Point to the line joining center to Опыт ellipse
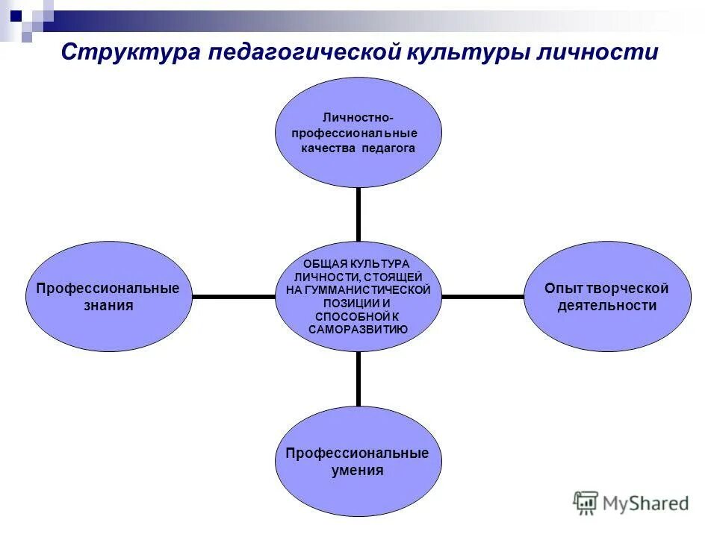tap(482, 297)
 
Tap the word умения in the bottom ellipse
tap(358, 470)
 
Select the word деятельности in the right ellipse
tap(606, 306)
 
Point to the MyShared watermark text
tap(647, 503)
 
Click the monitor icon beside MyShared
tap(586, 502)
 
